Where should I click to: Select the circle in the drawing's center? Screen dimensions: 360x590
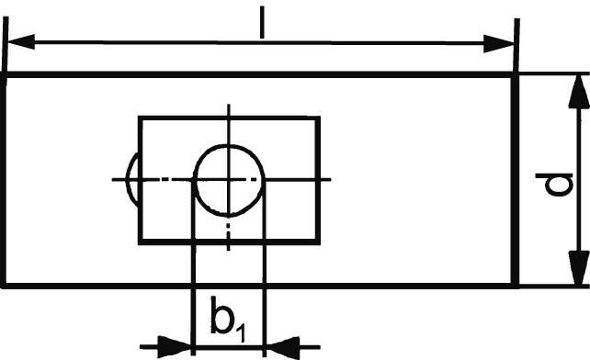click(229, 178)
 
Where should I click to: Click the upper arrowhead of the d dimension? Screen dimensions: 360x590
click(577, 88)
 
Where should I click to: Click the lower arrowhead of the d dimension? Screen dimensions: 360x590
click(577, 273)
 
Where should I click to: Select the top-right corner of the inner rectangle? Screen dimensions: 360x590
click(319, 118)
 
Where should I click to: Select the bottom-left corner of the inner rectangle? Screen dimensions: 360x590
click(140, 242)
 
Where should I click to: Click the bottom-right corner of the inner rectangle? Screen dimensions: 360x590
click(319, 242)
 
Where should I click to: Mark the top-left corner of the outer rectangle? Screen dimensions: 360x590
click(6, 75)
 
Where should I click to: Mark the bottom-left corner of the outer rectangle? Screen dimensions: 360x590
click(6, 286)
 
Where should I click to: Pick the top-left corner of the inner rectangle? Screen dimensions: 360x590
click(140, 118)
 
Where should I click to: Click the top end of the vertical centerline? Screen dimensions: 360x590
click(229, 104)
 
